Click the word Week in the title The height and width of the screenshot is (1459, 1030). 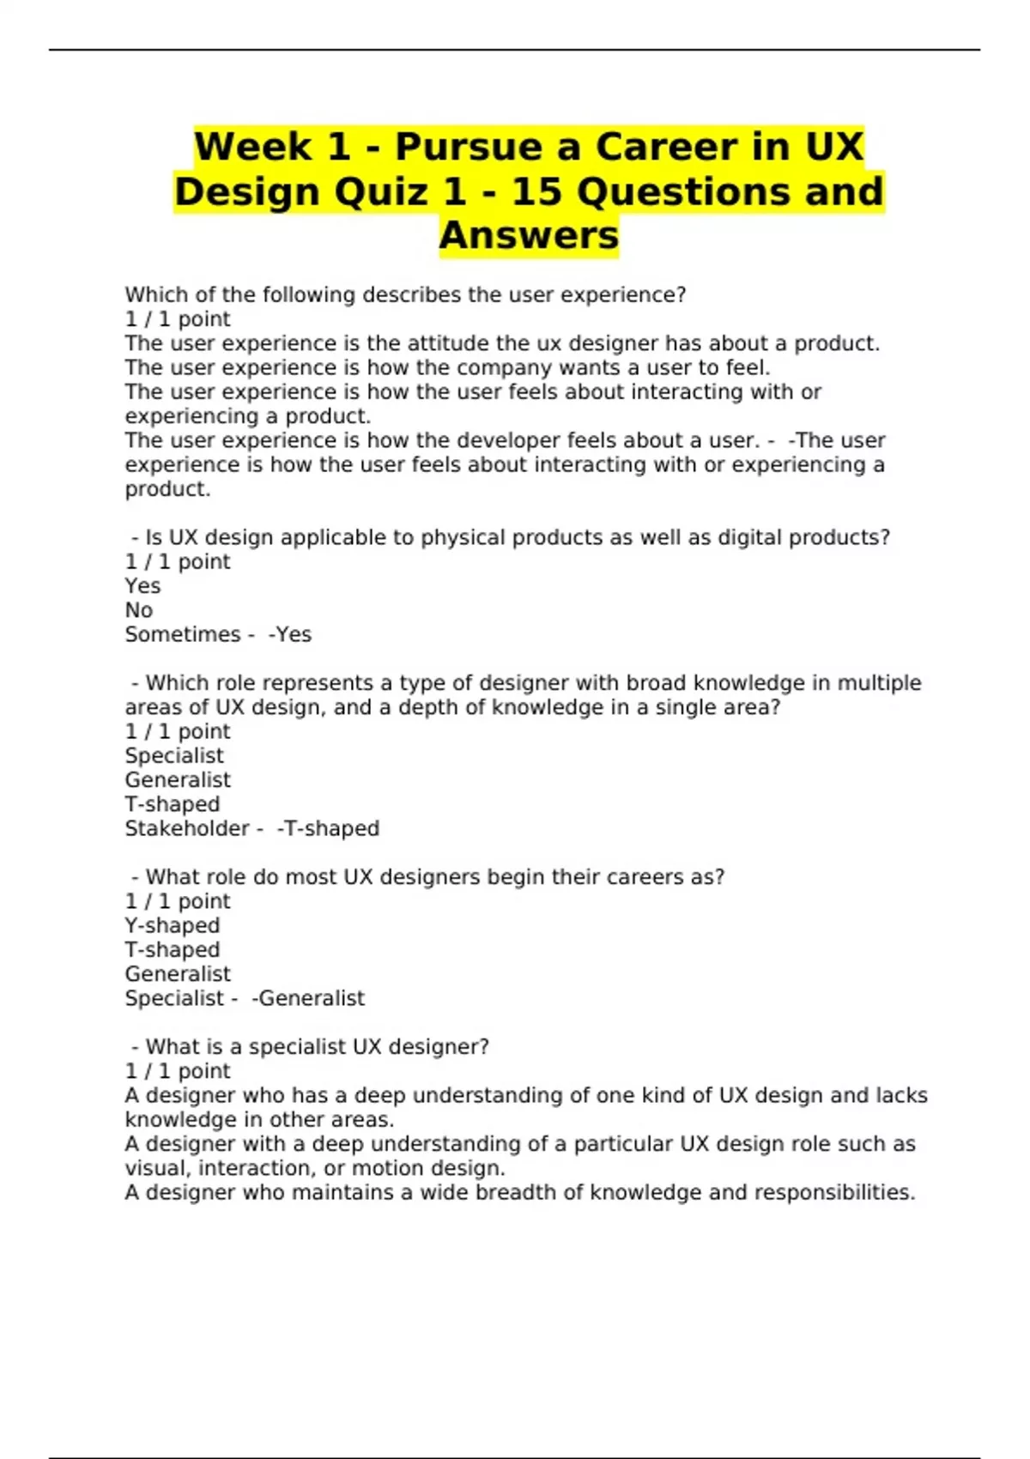click(251, 147)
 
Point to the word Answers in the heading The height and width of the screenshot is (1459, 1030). click(529, 235)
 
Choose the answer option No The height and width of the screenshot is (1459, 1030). click(139, 610)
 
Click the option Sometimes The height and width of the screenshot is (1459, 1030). click(183, 634)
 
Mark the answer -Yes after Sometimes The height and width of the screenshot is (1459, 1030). click(290, 634)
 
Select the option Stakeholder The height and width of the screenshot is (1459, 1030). click(187, 828)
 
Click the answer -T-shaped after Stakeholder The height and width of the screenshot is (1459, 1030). click(328, 828)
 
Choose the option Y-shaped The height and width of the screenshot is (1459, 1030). click(173, 925)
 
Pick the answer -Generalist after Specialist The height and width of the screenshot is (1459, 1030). click(308, 998)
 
